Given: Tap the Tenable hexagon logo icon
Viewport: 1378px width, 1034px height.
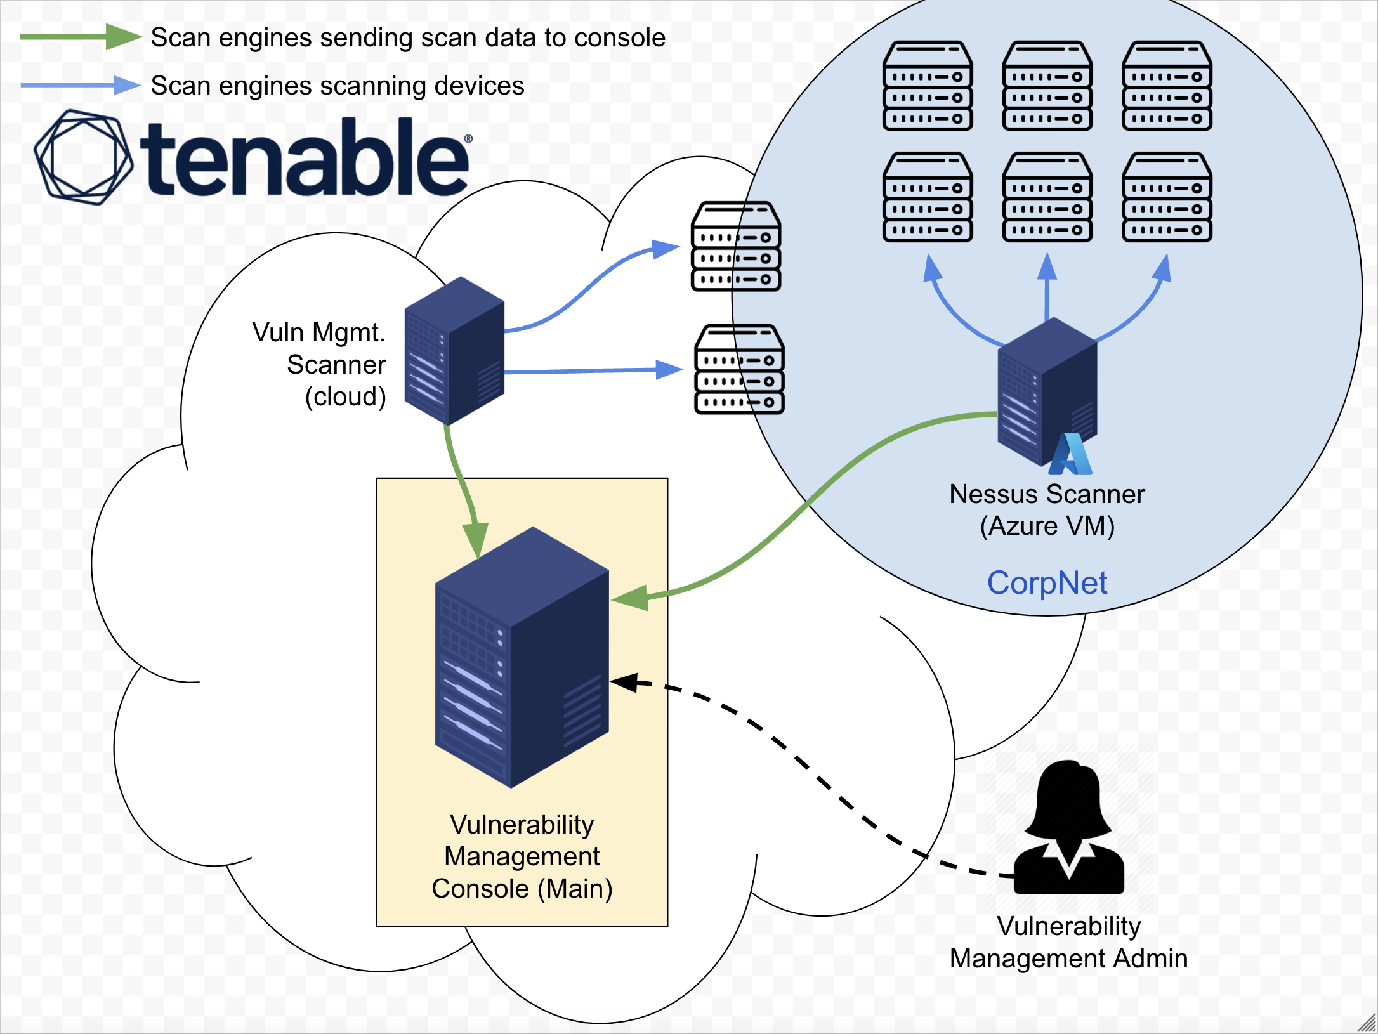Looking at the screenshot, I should coord(84,157).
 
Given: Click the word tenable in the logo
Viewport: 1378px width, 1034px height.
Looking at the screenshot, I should coord(305,159).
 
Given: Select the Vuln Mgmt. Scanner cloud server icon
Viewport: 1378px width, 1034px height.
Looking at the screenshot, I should coord(454,351).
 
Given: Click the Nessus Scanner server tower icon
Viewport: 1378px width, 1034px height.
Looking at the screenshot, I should coord(1047,391).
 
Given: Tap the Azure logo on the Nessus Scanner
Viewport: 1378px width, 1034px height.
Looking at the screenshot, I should coord(1070,454).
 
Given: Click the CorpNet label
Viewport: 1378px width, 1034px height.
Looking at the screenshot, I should coord(1047,582).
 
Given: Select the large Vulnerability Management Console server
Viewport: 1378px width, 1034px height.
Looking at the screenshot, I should coord(522,657).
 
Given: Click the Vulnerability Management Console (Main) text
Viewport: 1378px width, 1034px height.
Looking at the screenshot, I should coord(522,856).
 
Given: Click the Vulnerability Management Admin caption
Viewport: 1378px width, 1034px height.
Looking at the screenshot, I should coord(1069,942).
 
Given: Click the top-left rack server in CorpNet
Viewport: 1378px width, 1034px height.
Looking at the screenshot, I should coord(928,86).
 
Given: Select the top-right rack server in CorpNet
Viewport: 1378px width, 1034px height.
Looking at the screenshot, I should coord(1167,86).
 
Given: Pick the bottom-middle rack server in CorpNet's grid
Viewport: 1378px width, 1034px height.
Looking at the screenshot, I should coord(1047,197).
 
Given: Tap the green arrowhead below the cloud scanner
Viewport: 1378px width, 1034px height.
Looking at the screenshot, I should coord(475,539).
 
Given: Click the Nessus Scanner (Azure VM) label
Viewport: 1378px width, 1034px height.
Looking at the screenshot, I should coord(1047,510).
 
